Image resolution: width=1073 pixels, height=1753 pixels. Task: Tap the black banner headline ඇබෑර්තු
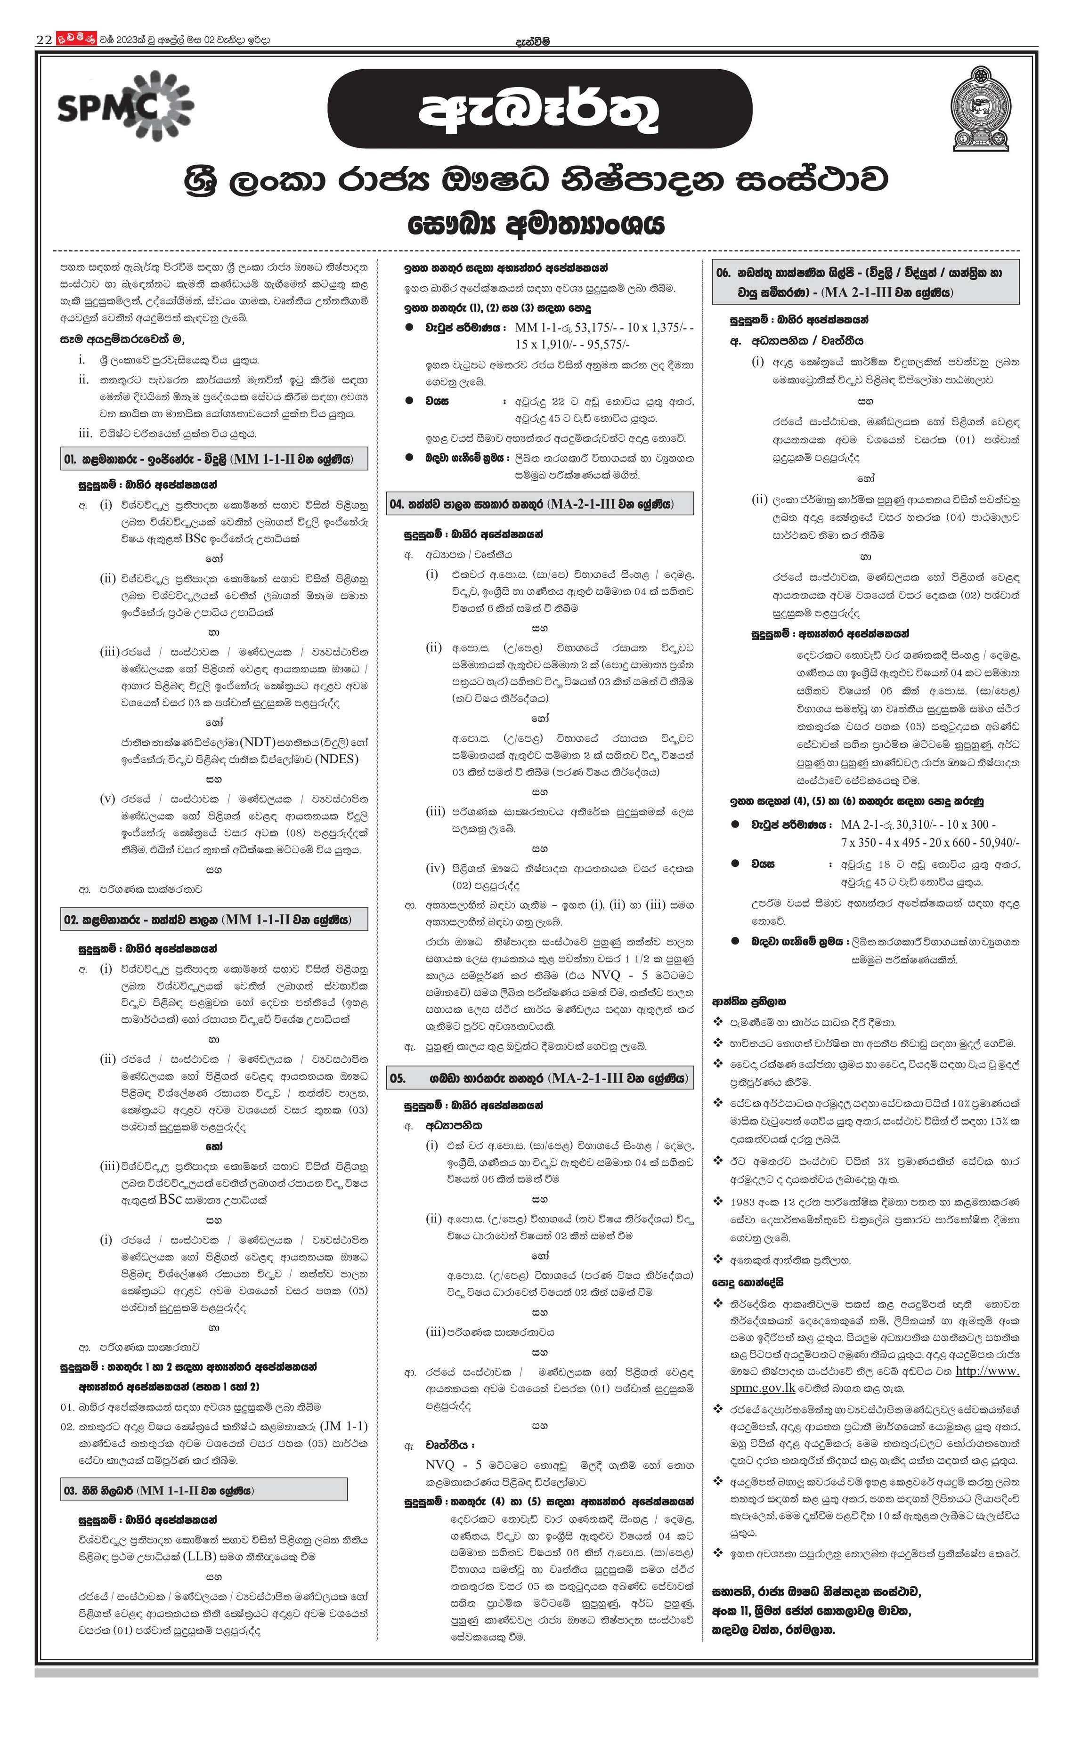539,109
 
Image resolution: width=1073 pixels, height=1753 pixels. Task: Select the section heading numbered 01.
214,459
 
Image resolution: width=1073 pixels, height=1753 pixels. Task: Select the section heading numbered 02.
214,919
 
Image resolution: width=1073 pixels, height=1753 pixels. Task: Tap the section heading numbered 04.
540,504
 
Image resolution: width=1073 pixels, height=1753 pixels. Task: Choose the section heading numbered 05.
540,1078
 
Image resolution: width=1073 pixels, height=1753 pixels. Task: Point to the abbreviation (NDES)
337,759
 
